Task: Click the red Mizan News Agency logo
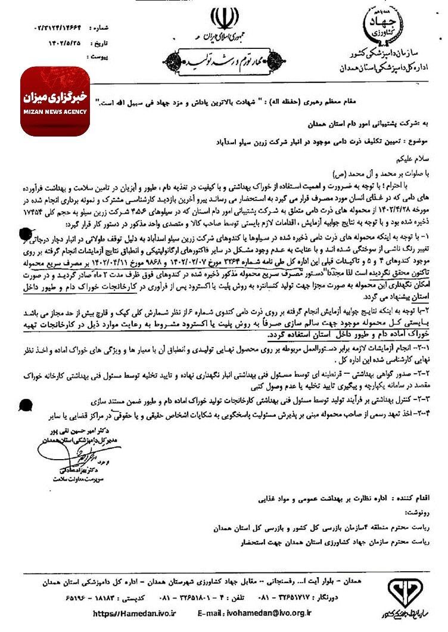pyautogui.click(x=55, y=101)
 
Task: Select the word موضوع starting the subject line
pyautogui.click(x=416, y=143)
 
